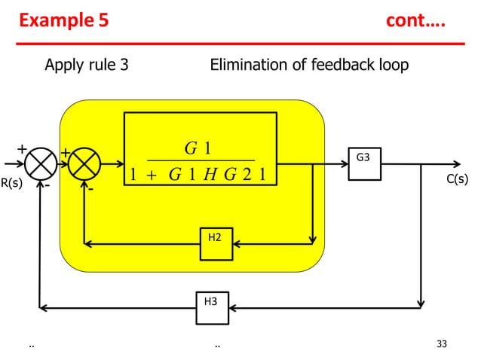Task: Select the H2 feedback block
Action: pos(216,243)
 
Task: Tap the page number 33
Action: pos(442,344)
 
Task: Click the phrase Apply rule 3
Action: pos(86,65)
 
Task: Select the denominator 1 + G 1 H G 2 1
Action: pos(201,175)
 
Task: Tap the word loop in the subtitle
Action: pos(393,65)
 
